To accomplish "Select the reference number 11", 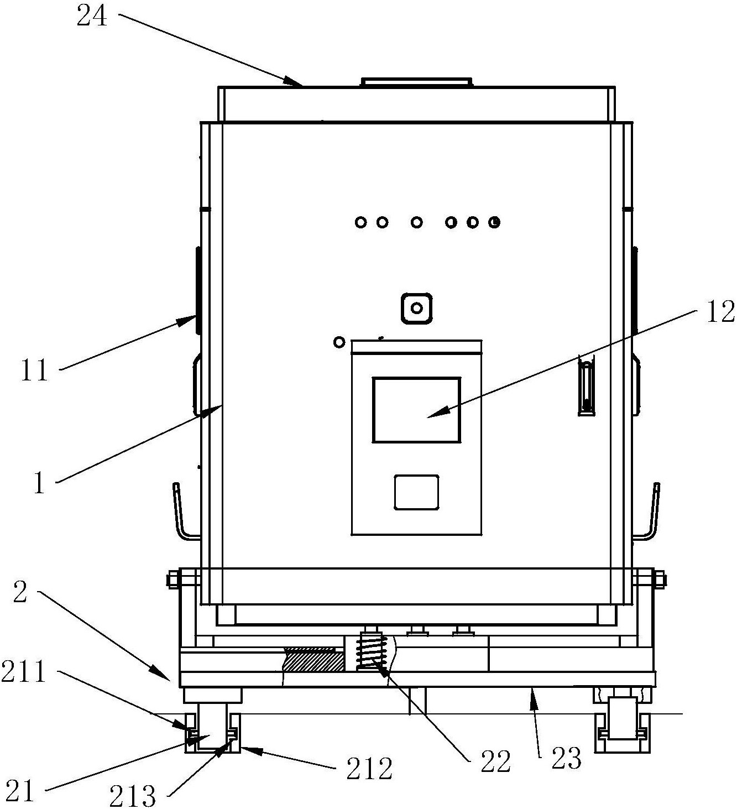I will click(x=35, y=370).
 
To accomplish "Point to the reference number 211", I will click(x=23, y=673).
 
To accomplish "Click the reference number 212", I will click(x=369, y=768).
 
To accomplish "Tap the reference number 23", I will click(x=567, y=759).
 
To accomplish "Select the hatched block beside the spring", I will click(x=312, y=660).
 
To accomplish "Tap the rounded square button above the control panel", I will click(x=417, y=308).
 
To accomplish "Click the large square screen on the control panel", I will click(x=416, y=410).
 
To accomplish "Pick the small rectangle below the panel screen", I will click(x=416, y=492).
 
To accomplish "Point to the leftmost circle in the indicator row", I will click(x=361, y=222).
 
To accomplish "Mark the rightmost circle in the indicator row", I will click(x=495, y=222).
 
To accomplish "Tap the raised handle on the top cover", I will click(x=416, y=82).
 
